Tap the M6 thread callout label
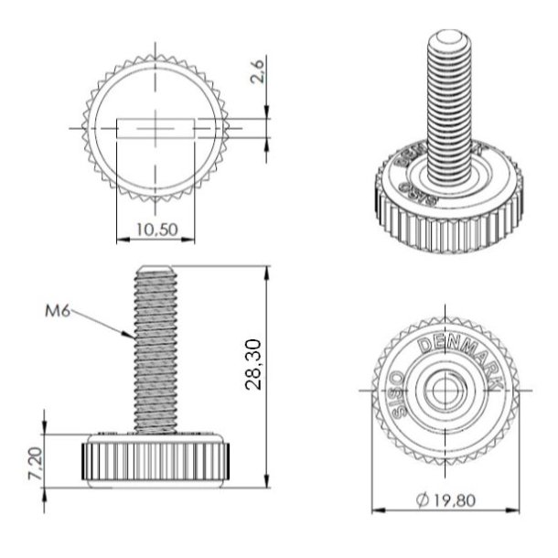point(58,310)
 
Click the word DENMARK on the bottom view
point(457,356)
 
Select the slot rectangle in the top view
point(157,128)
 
